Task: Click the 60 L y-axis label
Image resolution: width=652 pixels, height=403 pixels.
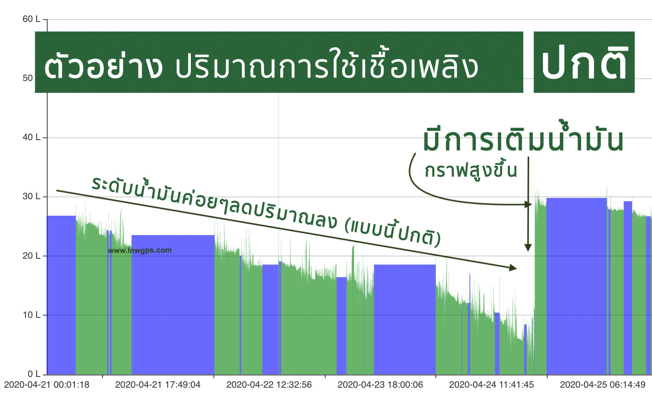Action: point(31,19)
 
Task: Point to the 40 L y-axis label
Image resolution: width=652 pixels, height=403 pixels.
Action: point(31,137)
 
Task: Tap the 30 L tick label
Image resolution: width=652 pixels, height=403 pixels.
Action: point(31,197)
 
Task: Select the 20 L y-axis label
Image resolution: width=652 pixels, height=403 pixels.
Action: point(31,256)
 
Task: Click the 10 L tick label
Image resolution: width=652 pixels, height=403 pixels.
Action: point(31,315)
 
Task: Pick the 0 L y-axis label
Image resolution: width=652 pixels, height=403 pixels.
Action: point(33,374)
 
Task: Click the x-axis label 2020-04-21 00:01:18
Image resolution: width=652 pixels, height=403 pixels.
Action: point(47,385)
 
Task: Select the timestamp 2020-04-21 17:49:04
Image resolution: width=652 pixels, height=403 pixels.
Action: point(158,385)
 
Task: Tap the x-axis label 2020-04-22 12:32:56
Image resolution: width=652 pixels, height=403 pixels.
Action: point(269,385)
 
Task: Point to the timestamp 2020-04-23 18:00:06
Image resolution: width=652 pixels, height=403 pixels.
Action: point(380,385)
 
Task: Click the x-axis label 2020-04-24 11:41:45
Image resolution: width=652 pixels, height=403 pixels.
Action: point(491,385)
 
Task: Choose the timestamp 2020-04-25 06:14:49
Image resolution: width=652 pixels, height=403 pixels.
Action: point(602,385)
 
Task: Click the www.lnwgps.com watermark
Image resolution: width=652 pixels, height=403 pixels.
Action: point(140,250)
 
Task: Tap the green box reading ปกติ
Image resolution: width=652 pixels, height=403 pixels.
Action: point(584,63)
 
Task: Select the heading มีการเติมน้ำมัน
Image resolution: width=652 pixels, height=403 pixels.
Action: point(523,140)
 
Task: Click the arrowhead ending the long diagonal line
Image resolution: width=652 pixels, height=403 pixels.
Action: point(513,268)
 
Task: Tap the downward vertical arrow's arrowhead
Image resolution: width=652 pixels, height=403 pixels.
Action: point(528,248)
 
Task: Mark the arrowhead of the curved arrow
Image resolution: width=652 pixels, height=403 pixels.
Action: point(529,205)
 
